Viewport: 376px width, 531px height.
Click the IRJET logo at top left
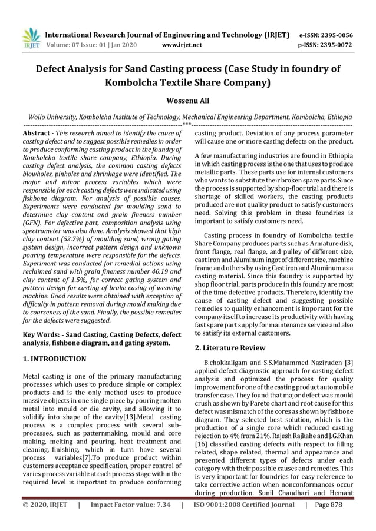click(x=31, y=38)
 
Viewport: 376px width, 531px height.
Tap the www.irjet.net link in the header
click(x=182, y=45)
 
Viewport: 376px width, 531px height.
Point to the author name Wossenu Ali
click(x=187, y=101)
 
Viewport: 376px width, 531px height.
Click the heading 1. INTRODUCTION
click(x=54, y=359)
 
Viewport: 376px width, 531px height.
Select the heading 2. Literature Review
click(x=230, y=348)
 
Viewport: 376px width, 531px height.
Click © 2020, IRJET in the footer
click(x=45, y=505)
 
